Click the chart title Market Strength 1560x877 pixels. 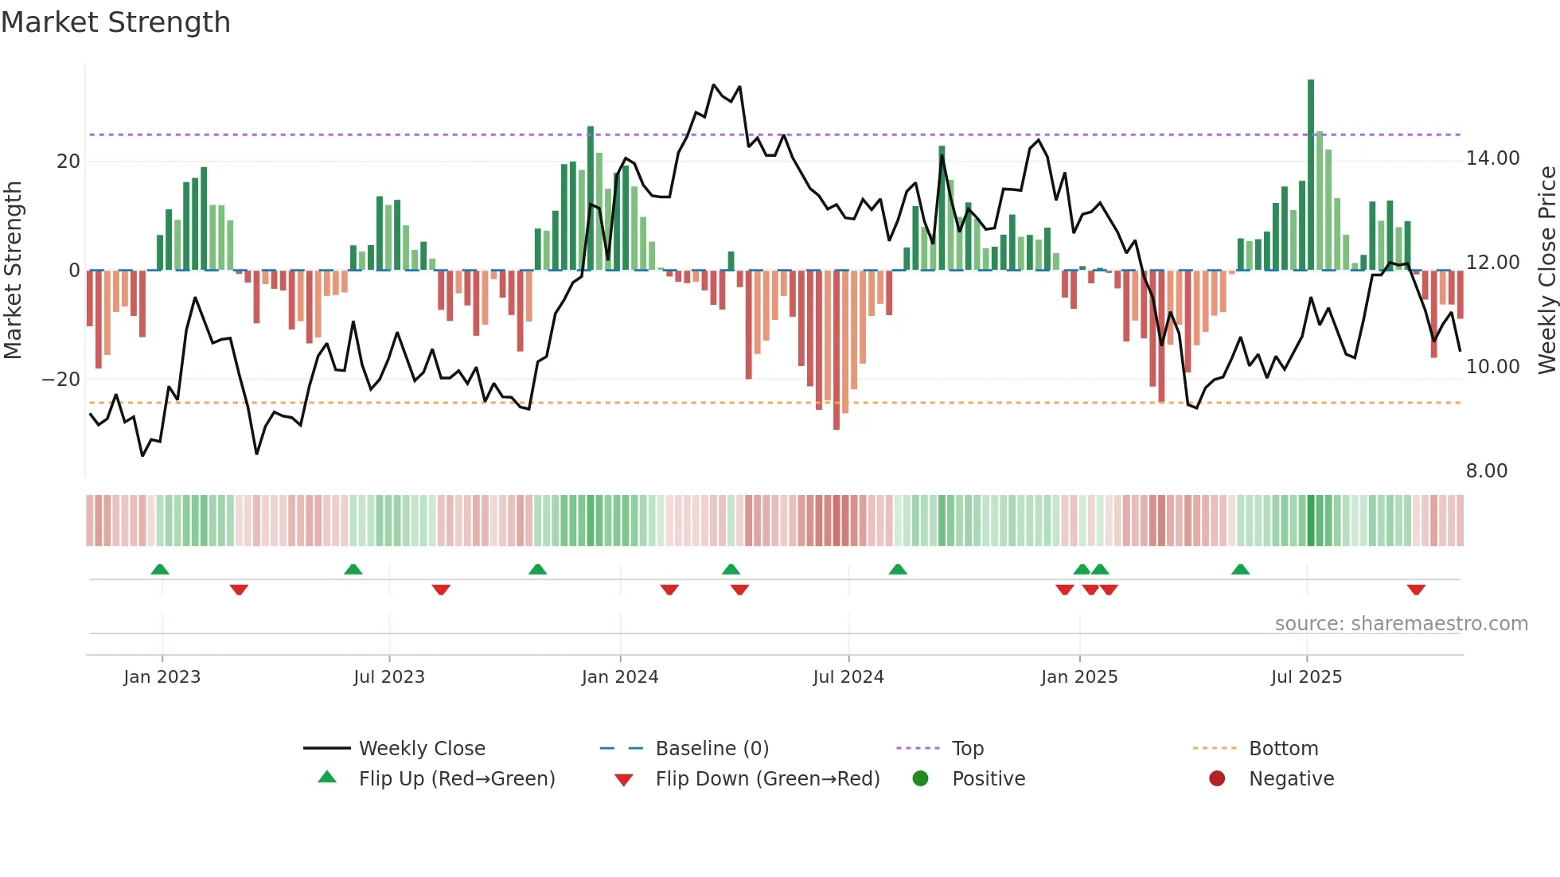pyautogui.click(x=115, y=22)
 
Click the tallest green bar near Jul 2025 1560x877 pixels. pyautogui.click(x=1311, y=175)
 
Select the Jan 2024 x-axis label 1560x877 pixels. pyautogui.click(x=620, y=677)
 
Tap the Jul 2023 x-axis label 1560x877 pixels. pyautogui.click(x=389, y=677)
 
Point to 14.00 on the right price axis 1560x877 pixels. pyautogui.click(x=1492, y=158)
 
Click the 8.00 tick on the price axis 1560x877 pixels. pyautogui.click(x=1486, y=471)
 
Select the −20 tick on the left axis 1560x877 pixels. pyautogui.click(x=61, y=380)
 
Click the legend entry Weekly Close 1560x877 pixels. pyautogui.click(x=421, y=749)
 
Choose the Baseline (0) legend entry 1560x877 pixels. pyautogui.click(x=712, y=749)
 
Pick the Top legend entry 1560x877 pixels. pyautogui.click(x=967, y=749)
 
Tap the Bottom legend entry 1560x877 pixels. pyautogui.click(x=1283, y=749)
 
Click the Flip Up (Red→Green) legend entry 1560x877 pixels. pyautogui.click(x=456, y=779)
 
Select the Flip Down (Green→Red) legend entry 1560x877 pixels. pyautogui.click(x=767, y=779)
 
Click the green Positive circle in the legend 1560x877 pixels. pyautogui.click(x=921, y=779)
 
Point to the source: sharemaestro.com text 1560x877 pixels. pyautogui.click(x=1401, y=624)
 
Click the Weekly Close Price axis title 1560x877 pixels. pyautogui.click(x=1546, y=271)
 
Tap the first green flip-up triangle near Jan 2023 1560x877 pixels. pyautogui.click(x=160, y=569)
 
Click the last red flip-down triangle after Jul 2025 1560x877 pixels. pyautogui.click(x=1416, y=590)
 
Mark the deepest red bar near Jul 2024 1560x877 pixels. pyautogui.click(x=837, y=350)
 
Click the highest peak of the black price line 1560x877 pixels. pyautogui.click(x=714, y=85)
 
